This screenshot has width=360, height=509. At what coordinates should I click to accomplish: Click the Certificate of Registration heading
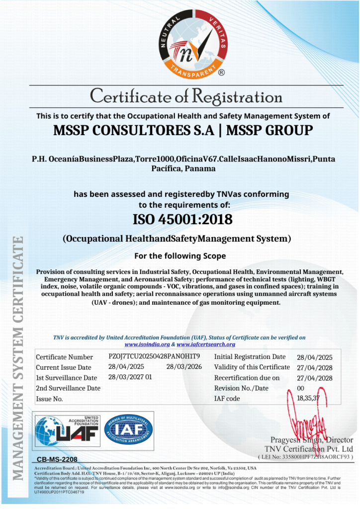click(x=186, y=95)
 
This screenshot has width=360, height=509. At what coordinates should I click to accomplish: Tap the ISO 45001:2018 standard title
click(x=182, y=219)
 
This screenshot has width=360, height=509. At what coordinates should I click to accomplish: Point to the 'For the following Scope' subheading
click(x=180, y=256)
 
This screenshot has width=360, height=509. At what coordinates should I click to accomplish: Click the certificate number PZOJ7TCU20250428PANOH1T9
click(x=154, y=356)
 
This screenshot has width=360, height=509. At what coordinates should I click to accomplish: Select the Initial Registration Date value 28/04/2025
click(x=311, y=357)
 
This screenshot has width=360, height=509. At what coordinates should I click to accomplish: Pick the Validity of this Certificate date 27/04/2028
click(x=311, y=367)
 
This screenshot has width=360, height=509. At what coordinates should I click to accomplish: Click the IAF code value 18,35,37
click(x=309, y=398)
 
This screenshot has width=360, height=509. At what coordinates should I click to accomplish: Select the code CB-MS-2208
click(x=57, y=459)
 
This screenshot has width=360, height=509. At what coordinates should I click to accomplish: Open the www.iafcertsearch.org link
click(x=206, y=344)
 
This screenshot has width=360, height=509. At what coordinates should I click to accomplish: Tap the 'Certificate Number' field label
click(x=64, y=357)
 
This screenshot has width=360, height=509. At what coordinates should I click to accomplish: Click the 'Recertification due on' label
click(x=247, y=378)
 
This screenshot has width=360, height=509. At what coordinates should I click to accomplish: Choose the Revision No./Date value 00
click(x=300, y=388)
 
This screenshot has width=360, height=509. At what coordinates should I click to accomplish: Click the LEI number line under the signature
click(x=305, y=456)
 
